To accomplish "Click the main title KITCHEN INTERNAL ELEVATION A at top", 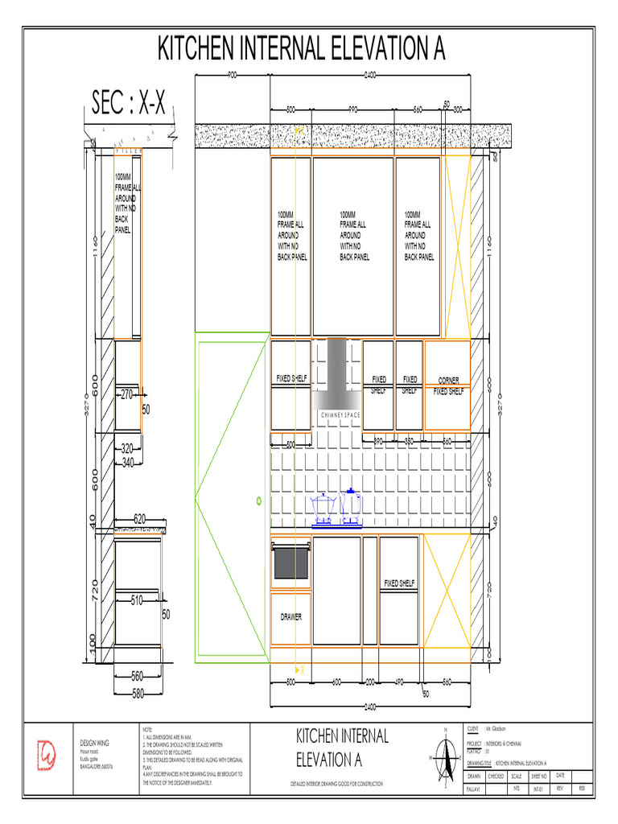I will [x=301, y=49].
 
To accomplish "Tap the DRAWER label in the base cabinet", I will [x=291, y=617].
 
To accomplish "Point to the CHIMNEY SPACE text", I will [x=340, y=414].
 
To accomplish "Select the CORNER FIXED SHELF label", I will [x=449, y=386].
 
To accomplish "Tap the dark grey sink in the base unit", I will [x=290, y=562].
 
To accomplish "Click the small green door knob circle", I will [x=259, y=501].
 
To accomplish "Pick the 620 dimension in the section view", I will [x=139, y=519].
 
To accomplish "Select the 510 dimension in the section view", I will [x=136, y=599].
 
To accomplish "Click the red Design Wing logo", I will [x=47, y=753].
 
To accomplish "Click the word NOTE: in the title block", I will [x=146, y=727].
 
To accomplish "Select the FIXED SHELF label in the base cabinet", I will [x=399, y=583].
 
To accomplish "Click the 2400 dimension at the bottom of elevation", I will [x=370, y=707].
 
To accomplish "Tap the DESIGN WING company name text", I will [x=95, y=742].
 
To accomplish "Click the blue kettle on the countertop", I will [x=351, y=505].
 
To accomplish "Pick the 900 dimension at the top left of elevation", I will [x=232, y=75].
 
